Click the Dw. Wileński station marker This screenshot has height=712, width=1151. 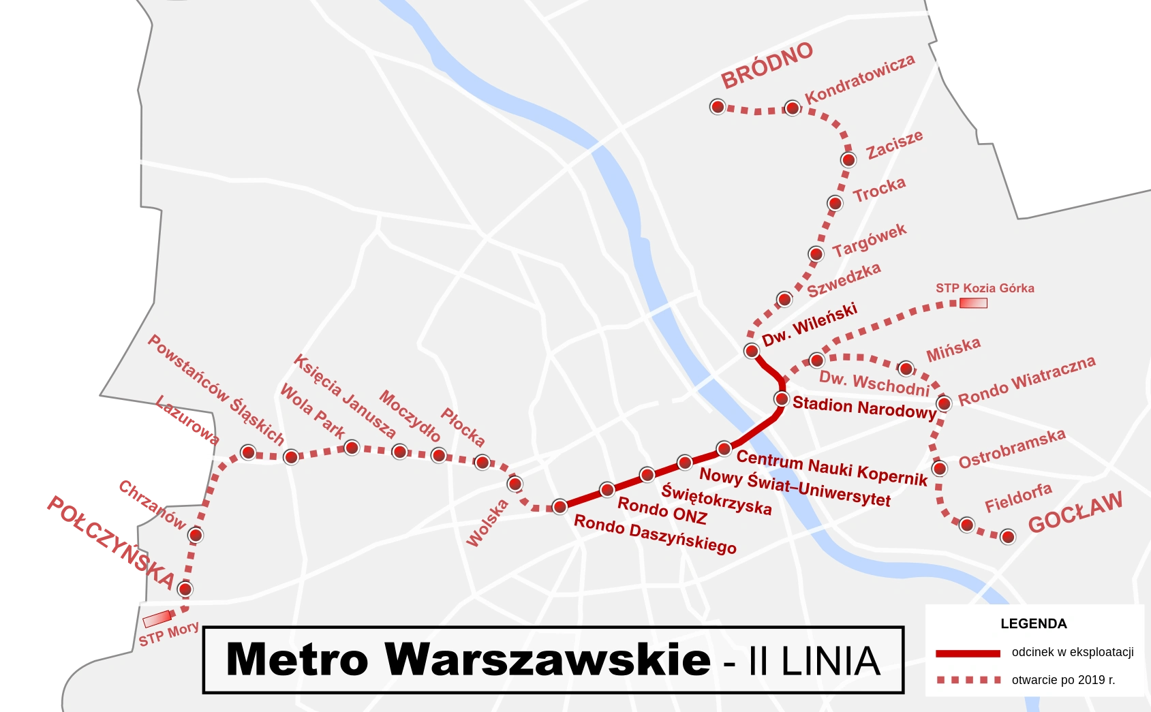(x=751, y=351)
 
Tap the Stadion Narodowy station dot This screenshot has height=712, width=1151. (x=782, y=399)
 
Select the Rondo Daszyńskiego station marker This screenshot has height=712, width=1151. (x=559, y=506)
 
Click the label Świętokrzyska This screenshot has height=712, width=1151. (x=716, y=499)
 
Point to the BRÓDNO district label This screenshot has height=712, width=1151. (x=767, y=66)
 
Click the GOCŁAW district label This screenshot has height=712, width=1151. (x=1075, y=513)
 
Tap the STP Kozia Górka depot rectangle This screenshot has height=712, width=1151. (x=973, y=303)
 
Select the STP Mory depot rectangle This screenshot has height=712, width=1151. (x=157, y=619)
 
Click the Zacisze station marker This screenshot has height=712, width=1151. (x=848, y=160)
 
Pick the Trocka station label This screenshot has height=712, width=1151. (x=879, y=190)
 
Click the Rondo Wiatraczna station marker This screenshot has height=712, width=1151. (x=944, y=403)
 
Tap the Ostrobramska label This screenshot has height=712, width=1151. (x=1011, y=449)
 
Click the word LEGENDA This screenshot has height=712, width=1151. (x=1033, y=623)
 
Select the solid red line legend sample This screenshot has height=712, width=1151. (x=968, y=653)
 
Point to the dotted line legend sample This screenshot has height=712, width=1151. (x=968, y=680)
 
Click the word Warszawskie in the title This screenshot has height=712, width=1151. (x=547, y=660)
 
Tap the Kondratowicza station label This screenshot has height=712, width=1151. (x=859, y=80)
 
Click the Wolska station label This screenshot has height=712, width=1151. (x=487, y=523)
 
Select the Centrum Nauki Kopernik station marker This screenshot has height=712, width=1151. (x=724, y=448)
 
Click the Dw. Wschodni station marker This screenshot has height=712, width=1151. (x=816, y=360)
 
